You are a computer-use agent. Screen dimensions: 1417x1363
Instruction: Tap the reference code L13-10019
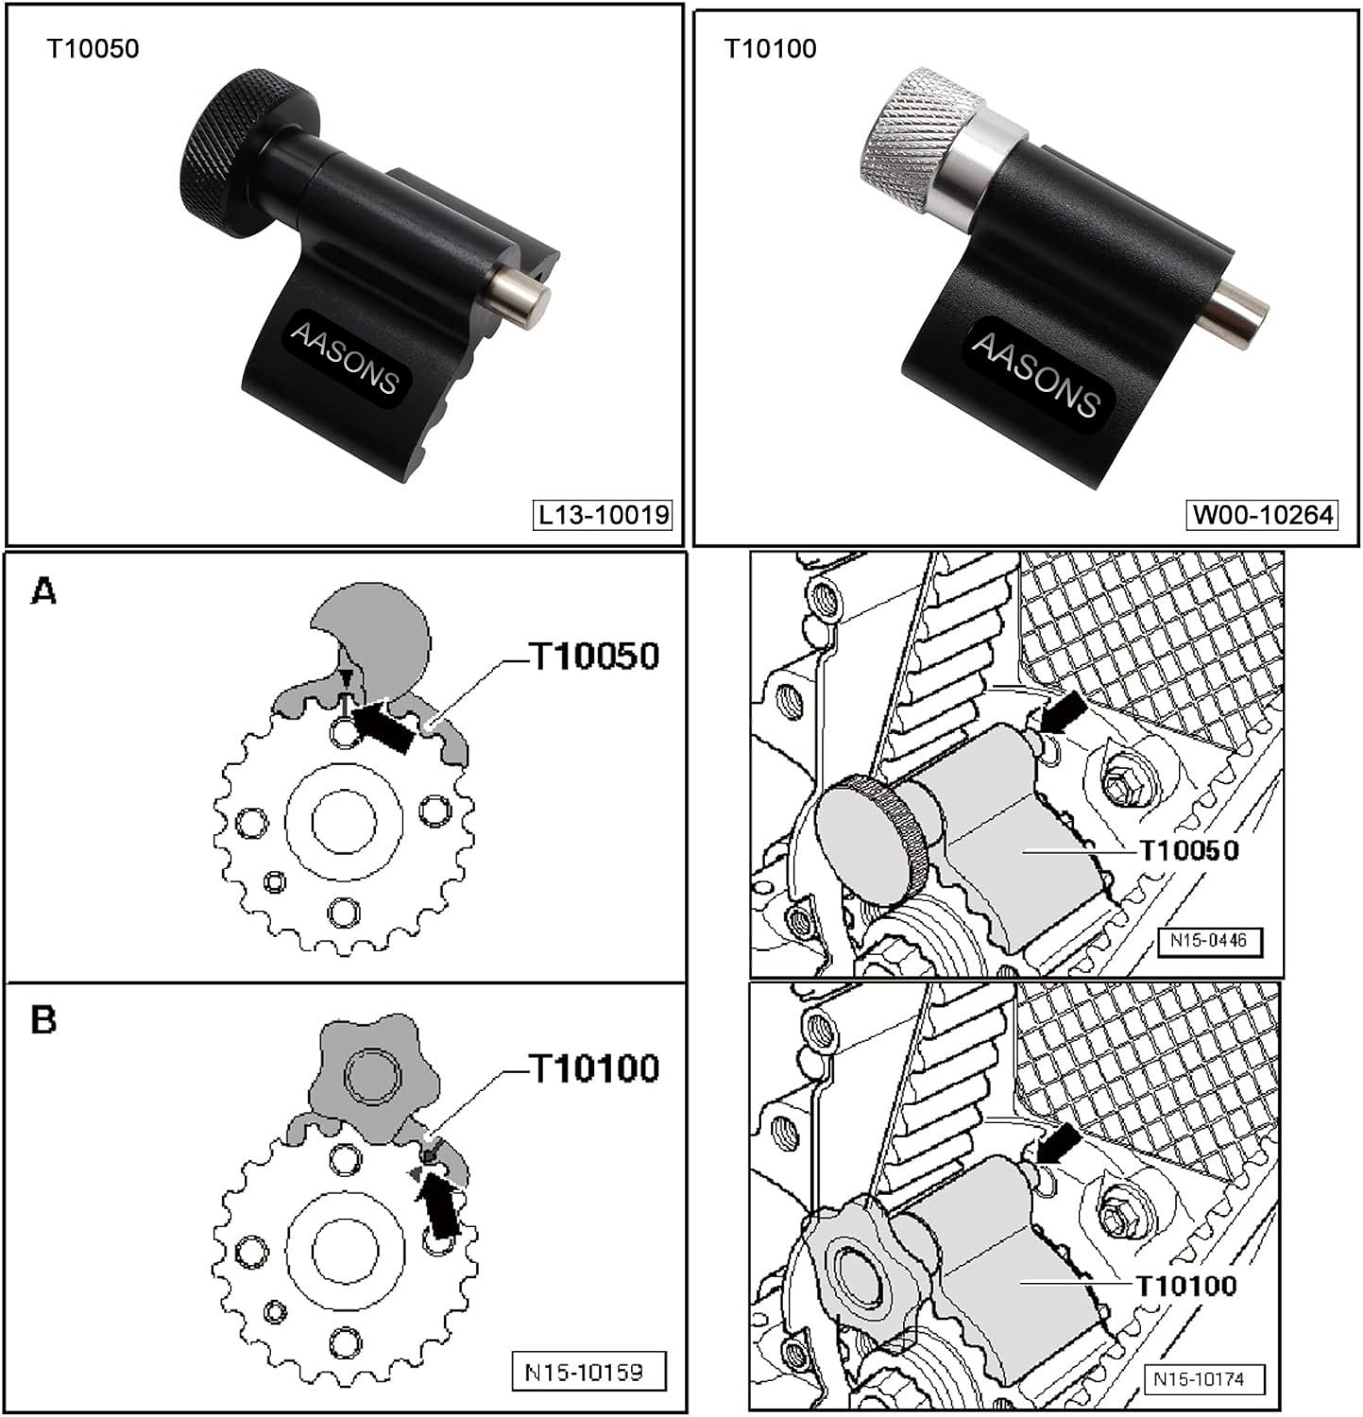(x=604, y=515)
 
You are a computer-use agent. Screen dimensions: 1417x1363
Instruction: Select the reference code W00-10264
(x=1262, y=515)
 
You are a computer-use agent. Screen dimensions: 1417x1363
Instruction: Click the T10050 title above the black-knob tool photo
(x=93, y=48)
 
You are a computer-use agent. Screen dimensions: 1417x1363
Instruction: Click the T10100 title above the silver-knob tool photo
(x=770, y=48)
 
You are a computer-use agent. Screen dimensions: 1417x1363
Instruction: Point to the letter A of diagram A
(x=43, y=592)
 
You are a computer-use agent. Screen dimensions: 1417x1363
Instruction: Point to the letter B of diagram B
(x=43, y=1021)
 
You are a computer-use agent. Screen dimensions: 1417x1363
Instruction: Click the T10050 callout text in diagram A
(x=593, y=656)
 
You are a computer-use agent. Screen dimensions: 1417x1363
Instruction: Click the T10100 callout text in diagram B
(x=593, y=1068)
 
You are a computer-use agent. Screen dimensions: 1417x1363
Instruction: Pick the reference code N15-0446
(x=1209, y=941)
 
